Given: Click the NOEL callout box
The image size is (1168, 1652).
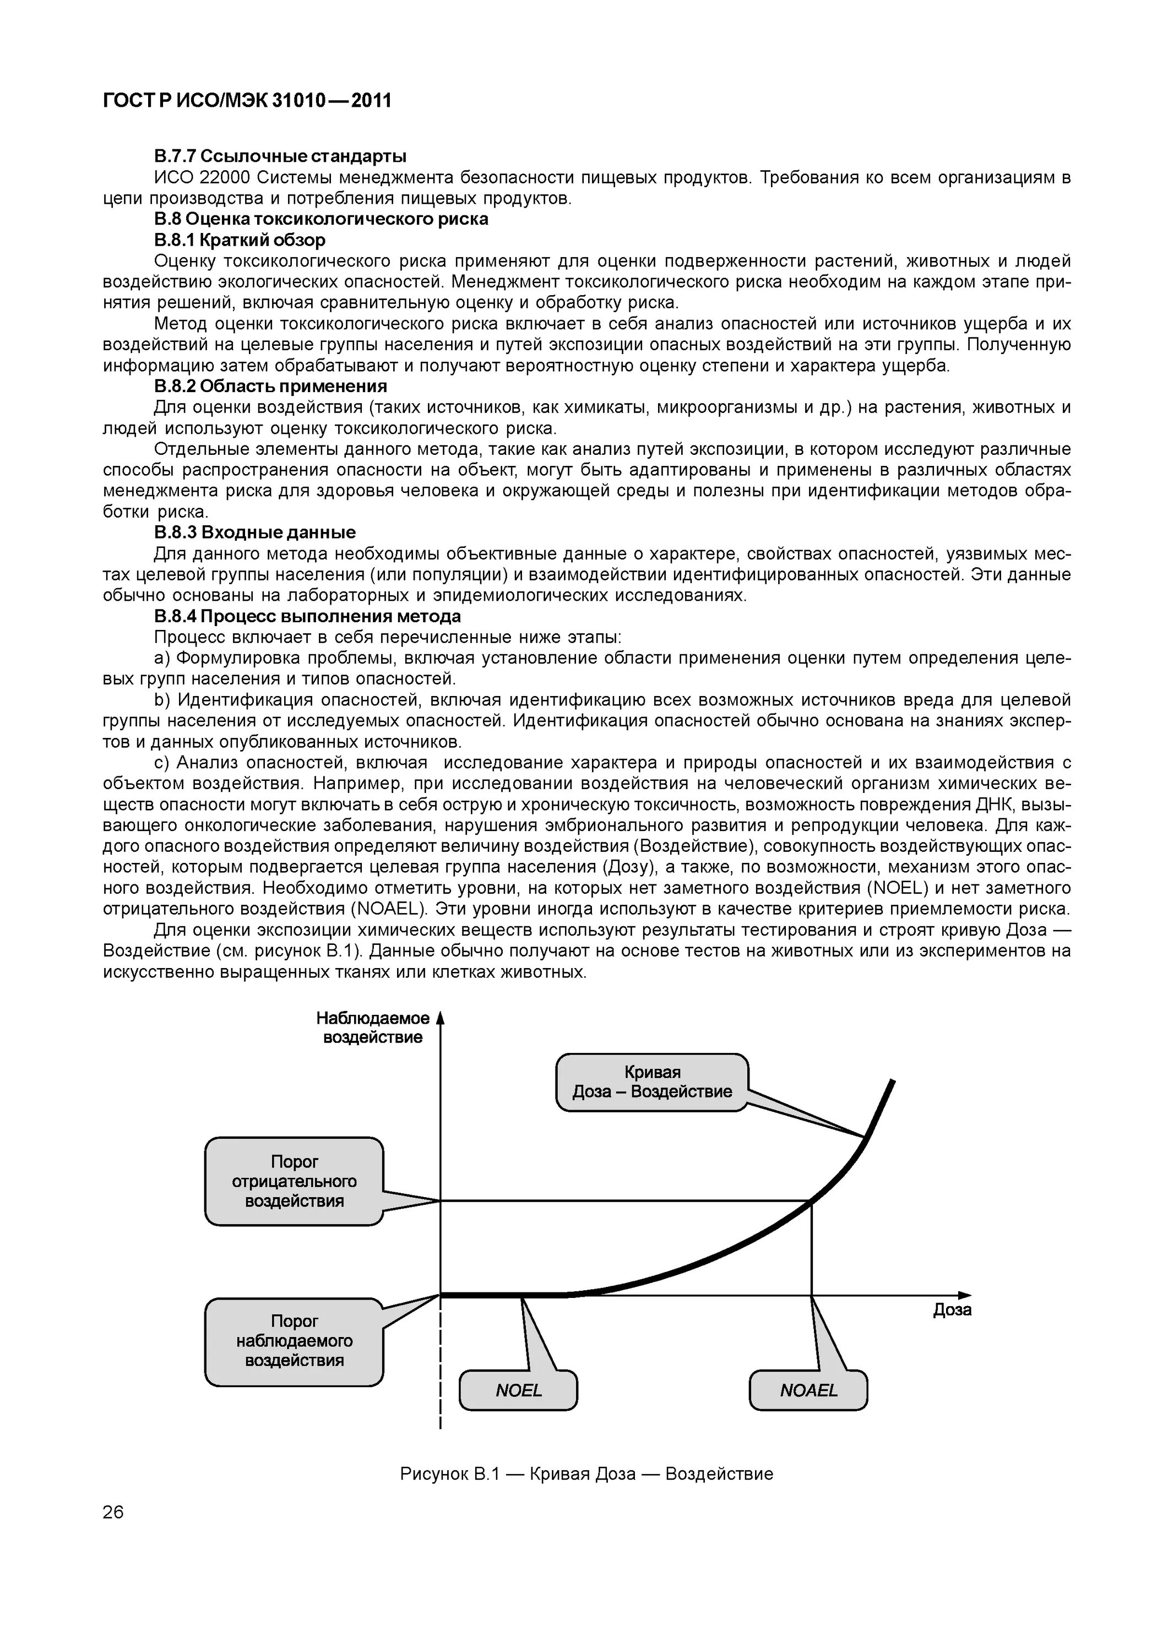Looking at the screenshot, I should (x=518, y=1390).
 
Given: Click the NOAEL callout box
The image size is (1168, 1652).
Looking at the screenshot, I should (x=808, y=1390).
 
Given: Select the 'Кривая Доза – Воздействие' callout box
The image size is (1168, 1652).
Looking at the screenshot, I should (x=652, y=1082).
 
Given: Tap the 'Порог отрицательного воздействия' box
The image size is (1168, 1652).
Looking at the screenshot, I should (x=294, y=1181).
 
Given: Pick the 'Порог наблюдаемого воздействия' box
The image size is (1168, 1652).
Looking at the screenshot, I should (x=294, y=1340).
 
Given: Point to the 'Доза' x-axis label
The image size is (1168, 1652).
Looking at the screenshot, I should (x=952, y=1309).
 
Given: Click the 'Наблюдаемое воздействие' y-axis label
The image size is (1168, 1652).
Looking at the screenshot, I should (x=373, y=1028).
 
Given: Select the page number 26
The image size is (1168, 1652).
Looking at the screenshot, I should (x=113, y=1512).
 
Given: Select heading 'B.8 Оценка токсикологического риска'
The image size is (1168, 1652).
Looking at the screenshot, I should (x=321, y=219).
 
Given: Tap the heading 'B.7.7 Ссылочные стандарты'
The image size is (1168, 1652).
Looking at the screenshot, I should (x=280, y=156).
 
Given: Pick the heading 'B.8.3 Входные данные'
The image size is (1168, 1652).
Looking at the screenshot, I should (x=255, y=532).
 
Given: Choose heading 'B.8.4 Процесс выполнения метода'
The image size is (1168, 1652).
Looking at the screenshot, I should (x=307, y=617).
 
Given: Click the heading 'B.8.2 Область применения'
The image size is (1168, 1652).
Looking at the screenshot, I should (x=270, y=387).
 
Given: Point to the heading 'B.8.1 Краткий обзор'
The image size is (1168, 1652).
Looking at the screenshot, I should (x=240, y=240).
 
